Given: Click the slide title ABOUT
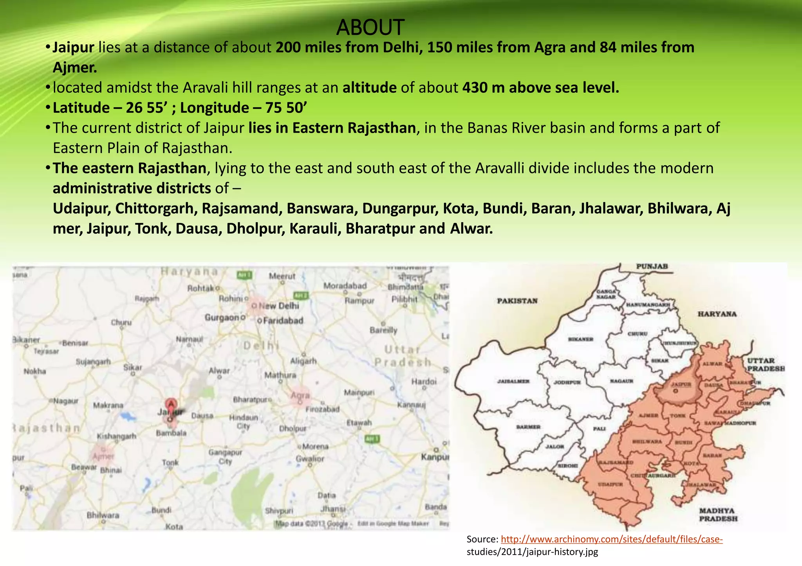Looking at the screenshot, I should click(370, 27).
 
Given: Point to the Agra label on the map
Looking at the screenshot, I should click(300, 395).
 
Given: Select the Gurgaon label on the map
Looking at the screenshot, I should click(222, 317).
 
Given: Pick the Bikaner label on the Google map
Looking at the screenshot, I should click(26, 339).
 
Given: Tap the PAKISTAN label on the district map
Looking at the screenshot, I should click(517, 301).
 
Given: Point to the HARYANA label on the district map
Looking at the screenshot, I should click(717, 314).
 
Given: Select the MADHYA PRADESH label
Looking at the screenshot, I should click(718, 514).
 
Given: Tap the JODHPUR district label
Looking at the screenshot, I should click(567, 382).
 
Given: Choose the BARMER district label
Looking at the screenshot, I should click(528, 427).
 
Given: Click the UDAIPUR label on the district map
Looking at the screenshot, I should click(610, 485).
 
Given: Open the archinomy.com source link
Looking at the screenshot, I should click(611, 539).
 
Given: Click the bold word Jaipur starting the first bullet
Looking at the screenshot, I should click(73, 47).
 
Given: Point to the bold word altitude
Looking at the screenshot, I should click(369, 88).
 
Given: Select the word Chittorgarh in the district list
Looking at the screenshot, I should click(154, 209).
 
